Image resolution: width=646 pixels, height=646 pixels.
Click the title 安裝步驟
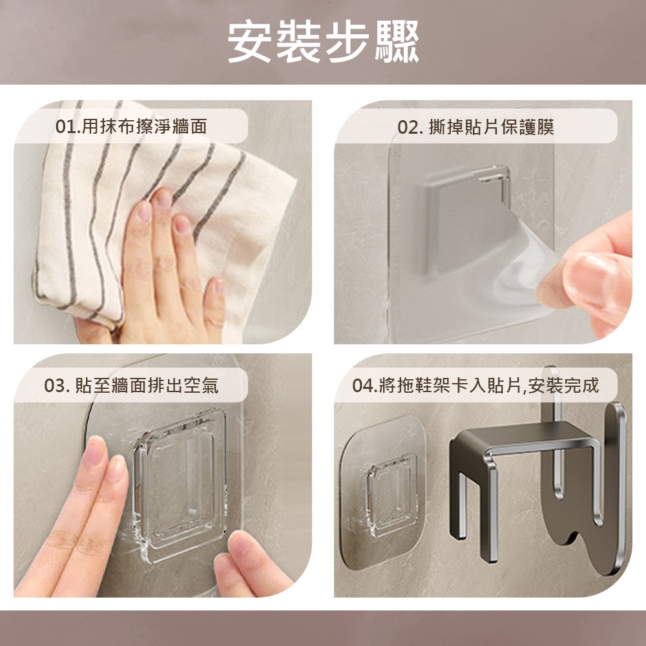(324, 41)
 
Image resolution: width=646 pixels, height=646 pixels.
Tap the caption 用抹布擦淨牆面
(144, 127)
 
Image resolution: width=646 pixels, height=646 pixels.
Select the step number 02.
(408, 127)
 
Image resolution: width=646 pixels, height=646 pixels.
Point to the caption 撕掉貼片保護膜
(492, 127)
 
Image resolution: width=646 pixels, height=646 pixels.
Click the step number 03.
(55, 386)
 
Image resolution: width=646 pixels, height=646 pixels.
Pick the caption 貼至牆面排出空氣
(147, 386)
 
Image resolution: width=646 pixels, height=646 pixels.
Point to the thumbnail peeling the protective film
(589, 276)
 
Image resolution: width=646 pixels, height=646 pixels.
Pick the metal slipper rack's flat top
(523, 437)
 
